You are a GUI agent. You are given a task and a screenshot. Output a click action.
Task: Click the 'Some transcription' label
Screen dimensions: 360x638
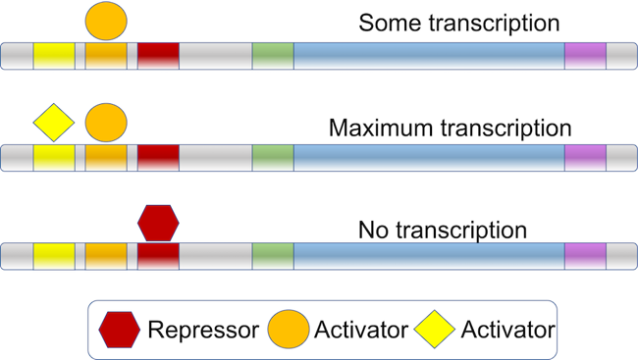click(459, 23)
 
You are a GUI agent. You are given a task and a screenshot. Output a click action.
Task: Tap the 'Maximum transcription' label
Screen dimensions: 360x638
click(450, 129)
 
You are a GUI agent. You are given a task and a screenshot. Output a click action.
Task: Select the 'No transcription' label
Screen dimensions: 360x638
click(443, 231)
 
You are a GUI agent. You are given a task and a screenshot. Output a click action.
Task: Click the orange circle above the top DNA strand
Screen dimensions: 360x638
click(106, 19)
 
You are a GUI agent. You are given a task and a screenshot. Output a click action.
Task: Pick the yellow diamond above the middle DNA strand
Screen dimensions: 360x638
click(54, 123)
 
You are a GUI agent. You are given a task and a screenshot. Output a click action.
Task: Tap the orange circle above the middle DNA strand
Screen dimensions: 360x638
click(106, 123)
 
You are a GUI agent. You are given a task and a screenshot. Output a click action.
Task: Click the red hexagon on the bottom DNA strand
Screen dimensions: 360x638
click(158, 224)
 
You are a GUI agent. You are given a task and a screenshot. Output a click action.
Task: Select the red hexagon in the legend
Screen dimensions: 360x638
click(120, 330)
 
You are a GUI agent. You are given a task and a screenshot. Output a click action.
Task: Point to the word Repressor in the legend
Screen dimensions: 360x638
click(203, 330)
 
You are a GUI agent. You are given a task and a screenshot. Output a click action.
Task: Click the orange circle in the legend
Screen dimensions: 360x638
click(289, 330)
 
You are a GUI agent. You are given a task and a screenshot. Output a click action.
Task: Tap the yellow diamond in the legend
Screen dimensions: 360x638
click(435, 330)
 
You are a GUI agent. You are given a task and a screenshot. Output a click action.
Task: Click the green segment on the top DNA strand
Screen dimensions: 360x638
click(273, 56)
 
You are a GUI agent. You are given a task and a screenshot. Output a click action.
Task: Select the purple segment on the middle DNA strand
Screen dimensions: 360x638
click(585, 157)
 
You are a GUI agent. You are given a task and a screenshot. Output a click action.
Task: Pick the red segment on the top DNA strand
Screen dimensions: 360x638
click(158, 56)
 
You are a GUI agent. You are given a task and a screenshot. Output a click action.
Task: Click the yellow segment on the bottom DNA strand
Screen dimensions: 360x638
click(54, 257)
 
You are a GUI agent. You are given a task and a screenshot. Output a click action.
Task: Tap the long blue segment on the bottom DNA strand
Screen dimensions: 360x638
click(429, 257)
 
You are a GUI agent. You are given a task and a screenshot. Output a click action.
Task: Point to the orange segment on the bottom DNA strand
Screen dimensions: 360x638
click(106, 257)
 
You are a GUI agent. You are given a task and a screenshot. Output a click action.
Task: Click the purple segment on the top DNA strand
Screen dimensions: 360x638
click(585, 56)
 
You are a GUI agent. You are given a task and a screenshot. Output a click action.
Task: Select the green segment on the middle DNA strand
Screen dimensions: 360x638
click(273, 157)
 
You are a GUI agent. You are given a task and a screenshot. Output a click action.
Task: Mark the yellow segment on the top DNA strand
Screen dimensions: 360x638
click(54, 56)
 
